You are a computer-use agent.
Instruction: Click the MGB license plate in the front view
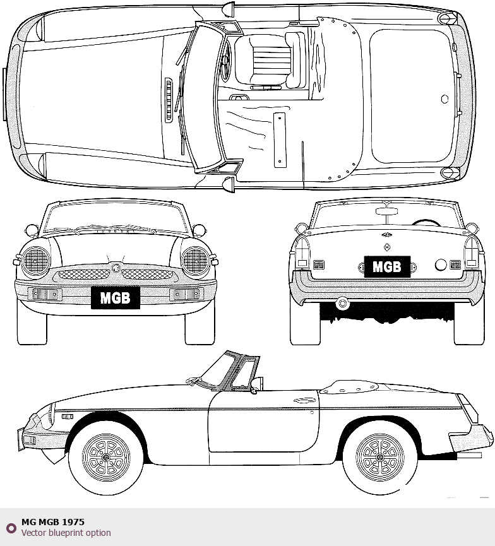115,297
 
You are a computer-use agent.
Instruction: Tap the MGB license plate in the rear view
387,266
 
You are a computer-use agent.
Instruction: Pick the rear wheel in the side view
379,456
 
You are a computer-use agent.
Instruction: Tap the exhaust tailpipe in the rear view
343,303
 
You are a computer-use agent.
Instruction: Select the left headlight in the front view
36,261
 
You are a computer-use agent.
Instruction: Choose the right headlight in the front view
195,261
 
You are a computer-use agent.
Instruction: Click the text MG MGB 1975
53,522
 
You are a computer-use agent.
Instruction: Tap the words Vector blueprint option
66,533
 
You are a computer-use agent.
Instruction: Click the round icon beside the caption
11,528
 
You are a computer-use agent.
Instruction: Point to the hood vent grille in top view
168,100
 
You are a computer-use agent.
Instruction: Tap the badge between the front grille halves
116,268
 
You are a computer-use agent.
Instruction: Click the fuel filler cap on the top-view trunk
444,99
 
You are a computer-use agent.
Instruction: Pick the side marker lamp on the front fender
67,416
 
